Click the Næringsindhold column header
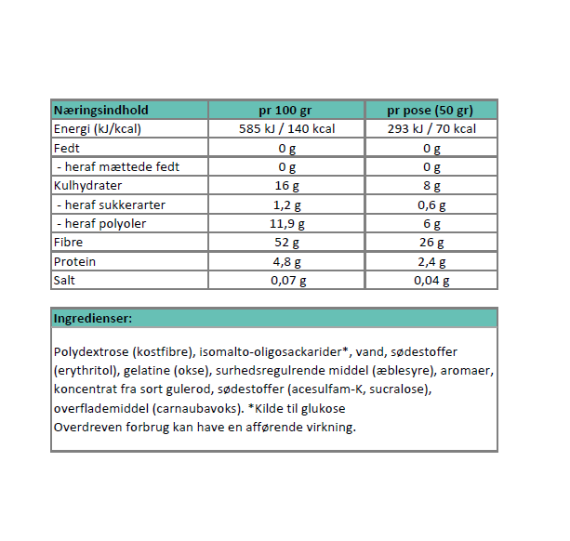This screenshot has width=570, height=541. [x=100, y=110]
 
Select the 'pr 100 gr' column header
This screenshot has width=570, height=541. [x=286, y=110]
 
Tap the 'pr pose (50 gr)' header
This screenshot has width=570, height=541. [x=431, y=110]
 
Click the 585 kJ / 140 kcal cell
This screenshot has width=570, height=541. [x=286, y=129]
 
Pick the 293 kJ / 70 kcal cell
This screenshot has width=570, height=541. [x=431, y=129]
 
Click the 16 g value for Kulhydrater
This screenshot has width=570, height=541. [x=286, y=186]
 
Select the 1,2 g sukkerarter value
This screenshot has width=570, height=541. [x=286, y=205]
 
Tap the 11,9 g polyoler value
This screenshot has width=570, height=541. [x=286, y=224]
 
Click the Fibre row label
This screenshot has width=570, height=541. [x=69, y=243]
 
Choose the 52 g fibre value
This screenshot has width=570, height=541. [x=286, y=243]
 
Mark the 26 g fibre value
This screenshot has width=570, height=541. [x=431, y=243]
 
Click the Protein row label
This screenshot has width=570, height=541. [x=75, y=262]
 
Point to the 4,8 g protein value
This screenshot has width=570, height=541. [x=286, y=262]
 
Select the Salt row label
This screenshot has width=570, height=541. [x=66, y=281]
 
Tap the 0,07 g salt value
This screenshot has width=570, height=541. [x=286, y=281]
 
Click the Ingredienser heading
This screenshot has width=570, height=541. [x=93, y=319]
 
